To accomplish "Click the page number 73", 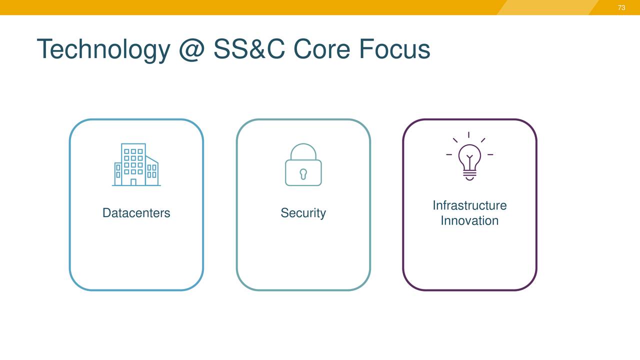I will tap(621, 7).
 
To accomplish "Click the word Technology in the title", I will tap(103, 49).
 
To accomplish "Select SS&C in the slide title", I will tap(249, 49).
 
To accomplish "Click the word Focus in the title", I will tap(394, 49).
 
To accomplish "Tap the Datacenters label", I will tap(136, 213).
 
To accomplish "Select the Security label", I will tap(303, 213).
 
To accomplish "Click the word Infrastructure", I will tap(469, 205).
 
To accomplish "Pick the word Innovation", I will tap(469, 220).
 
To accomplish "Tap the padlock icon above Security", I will tap(303, 164).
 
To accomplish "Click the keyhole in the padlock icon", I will tap(303, 173).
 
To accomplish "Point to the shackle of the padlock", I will tap(303, 149).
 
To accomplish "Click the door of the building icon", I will tap(133, 182).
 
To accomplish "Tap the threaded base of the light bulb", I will tap(469, 174).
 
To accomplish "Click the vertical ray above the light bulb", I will tap(469, 135).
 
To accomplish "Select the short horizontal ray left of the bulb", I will tap(449, 154).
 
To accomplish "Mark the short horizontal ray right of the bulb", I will tap(490, 154).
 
